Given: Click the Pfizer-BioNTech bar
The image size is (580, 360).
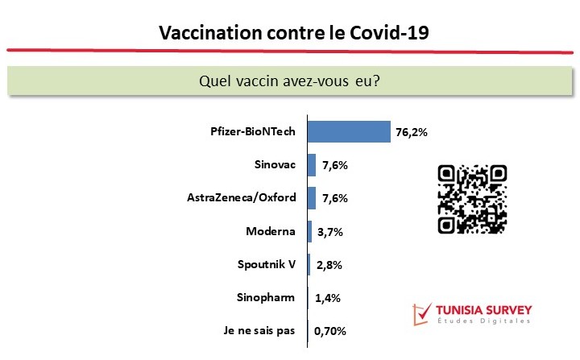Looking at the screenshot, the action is coord(349,131).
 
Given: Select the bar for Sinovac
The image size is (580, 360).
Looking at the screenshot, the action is coord(312,165).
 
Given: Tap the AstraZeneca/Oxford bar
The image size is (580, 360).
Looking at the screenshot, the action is coord(312,198).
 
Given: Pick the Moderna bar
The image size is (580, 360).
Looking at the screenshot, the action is coord(309,232).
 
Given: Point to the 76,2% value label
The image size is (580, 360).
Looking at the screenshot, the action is coord(412,132).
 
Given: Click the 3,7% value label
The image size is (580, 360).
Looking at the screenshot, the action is coord(330,232).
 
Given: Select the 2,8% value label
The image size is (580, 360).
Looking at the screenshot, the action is coord(329,265).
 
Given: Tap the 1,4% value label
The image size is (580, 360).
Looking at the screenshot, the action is coord(328,298).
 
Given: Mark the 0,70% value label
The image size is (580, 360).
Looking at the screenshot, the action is coord(330,331).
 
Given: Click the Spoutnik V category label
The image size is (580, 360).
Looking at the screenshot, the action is coord(267,264).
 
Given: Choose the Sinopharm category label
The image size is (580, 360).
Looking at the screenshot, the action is coord(266,297).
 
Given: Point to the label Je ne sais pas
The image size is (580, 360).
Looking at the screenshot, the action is coord(259,330).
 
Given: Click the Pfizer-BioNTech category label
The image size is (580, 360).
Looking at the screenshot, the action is coord(253,131).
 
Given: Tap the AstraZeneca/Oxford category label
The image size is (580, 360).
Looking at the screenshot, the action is coord(242,197).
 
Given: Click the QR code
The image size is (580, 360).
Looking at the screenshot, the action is coord(472,199).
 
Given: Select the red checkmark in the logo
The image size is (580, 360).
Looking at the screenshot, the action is coord(422,314).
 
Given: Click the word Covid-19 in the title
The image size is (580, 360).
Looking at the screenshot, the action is coord(390,32).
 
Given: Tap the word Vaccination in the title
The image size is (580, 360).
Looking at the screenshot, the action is coord(210,32).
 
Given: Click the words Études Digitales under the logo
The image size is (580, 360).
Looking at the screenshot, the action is coord(484,321).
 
